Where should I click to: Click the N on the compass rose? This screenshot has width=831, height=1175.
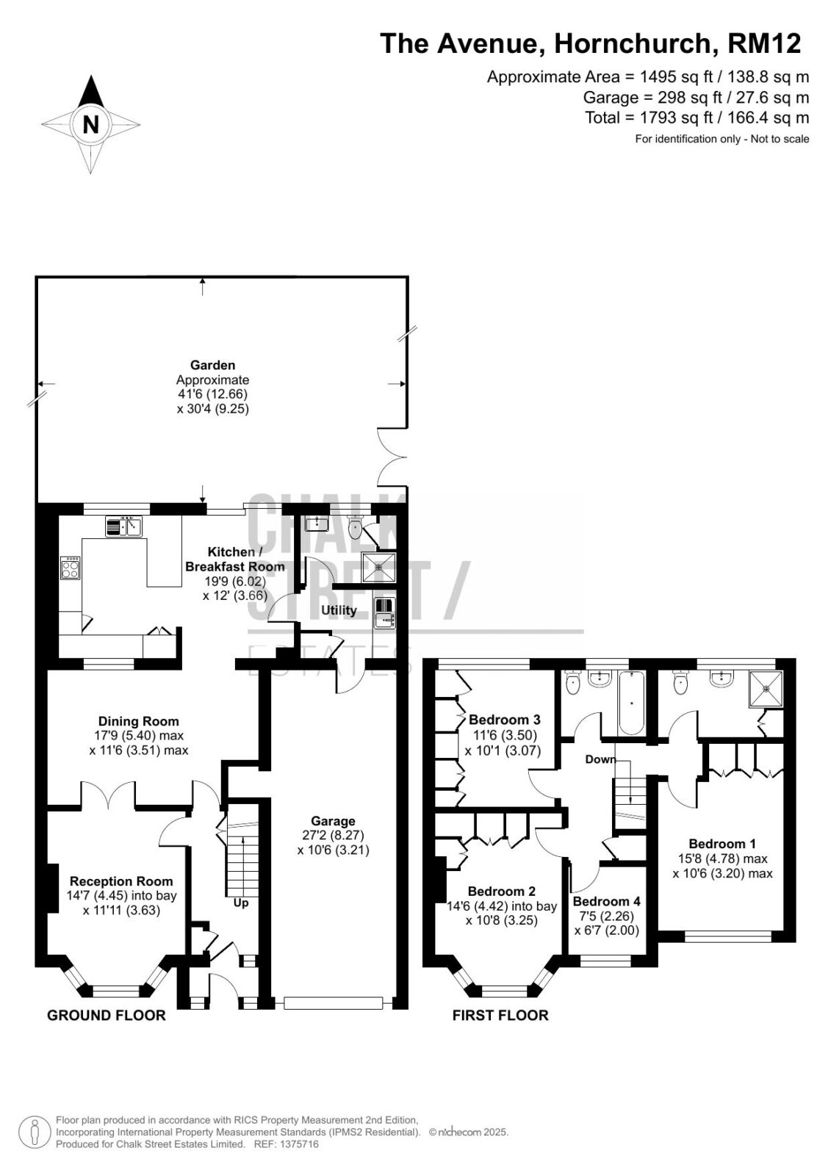pos(91,125)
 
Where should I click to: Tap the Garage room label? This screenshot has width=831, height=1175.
pos(333,821)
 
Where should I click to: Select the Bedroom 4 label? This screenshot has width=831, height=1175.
pos(606,901)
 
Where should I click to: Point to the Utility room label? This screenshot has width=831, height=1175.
pos(339,610)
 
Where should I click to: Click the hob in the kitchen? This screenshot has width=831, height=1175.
pos(71,568)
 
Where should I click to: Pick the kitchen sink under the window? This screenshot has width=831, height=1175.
pos(124,527)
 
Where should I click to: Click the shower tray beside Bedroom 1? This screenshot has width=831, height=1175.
pos(766,687)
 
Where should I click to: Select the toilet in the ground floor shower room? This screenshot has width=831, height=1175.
pos(356,527)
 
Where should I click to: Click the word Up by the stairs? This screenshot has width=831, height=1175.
pos(240,903)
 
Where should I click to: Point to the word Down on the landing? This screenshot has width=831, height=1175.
pos(600,759)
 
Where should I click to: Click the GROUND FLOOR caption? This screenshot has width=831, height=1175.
pos(106,1016)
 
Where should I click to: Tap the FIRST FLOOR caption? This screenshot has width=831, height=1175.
pos(500,1016)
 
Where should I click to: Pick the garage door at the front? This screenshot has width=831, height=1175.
pos(333,1003)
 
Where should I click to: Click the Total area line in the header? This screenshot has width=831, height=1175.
pos(697,117)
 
